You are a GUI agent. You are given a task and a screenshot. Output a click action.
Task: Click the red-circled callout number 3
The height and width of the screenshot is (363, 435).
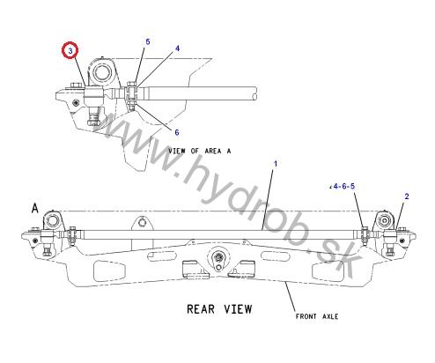[70, 50]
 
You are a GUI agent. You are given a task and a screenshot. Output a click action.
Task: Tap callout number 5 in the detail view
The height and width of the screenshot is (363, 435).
[148, 41]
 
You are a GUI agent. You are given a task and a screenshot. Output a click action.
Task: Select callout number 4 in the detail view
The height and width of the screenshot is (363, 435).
[177, 48]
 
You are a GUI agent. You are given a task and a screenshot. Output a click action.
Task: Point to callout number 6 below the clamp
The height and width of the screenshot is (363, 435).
[177, 132]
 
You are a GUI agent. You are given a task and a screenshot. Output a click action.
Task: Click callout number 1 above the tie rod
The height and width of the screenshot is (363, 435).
[276, 164]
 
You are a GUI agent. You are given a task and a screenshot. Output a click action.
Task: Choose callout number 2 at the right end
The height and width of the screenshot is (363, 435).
[407, 196]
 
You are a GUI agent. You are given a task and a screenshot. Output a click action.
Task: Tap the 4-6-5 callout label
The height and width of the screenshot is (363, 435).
[343, 186]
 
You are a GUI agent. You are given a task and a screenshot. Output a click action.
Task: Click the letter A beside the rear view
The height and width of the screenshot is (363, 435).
[35, 208]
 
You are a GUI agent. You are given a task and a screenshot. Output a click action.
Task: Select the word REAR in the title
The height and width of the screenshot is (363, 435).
[201, 309]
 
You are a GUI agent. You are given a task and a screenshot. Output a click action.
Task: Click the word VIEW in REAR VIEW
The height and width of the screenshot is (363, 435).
[238, 309]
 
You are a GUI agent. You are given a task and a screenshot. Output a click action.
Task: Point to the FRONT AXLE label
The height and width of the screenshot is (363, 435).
[317, 316]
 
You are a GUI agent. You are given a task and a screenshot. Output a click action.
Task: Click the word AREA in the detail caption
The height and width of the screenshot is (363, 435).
[213, 151]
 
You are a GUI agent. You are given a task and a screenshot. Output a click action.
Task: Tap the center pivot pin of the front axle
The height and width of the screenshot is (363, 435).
[218, 257]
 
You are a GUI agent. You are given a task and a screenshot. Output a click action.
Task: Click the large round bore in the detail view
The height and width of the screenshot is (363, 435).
[101, 72]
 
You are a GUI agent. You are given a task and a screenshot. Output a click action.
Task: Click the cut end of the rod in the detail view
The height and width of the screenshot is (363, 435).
[254, 94]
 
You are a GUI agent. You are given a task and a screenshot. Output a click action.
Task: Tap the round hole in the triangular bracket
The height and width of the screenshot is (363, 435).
[143, 222]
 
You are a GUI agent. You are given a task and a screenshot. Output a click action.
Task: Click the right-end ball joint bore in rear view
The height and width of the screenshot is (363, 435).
[384, 220]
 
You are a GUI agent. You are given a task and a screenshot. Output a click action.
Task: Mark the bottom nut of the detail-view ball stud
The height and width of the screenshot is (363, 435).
[92, 121]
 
